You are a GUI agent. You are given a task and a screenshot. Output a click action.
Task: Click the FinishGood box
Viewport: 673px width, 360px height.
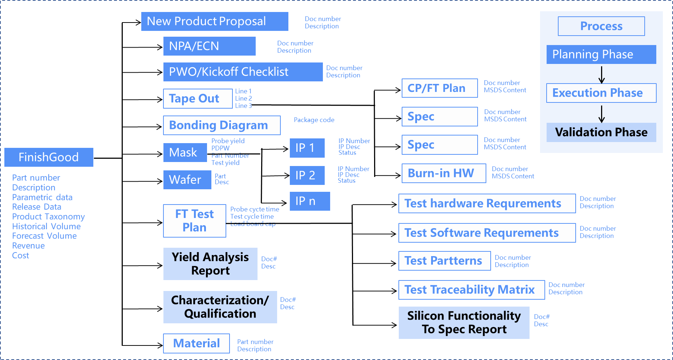(49, 157)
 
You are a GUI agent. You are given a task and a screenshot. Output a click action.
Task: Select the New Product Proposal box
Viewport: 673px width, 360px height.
(215, 21)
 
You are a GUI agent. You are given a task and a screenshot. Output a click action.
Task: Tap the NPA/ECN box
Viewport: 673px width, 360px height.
(210, 46)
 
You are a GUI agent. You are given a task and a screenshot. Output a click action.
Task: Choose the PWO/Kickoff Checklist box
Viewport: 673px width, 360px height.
(243, 72)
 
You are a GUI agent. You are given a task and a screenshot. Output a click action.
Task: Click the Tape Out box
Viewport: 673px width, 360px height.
(198, 99)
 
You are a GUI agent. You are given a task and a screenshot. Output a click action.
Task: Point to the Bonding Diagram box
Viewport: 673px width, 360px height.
(222, 125)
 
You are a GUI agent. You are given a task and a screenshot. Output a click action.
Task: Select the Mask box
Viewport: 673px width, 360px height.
(185, 153)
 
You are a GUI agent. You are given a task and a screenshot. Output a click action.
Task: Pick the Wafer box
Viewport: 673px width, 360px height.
(187, 180)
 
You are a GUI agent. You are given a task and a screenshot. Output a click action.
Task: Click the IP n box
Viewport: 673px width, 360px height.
(310, 201)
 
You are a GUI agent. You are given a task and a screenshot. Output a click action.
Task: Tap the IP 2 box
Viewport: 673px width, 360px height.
(307, 175)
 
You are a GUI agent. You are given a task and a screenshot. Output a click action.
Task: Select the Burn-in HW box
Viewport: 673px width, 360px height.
(444, 173)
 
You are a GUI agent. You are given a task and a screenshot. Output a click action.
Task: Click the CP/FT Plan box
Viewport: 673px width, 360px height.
(440, 88)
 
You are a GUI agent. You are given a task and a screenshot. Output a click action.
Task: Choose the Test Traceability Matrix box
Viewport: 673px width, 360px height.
(472, 290)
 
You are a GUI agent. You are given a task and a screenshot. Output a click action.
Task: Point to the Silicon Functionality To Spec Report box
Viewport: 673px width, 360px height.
(464, 323)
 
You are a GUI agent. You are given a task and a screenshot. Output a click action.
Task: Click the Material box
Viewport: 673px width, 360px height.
(196, 343)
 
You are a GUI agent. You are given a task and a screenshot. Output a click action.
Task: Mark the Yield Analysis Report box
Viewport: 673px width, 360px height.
(210, 264)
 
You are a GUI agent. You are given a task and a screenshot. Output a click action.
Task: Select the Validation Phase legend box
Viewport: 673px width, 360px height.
(601, 132)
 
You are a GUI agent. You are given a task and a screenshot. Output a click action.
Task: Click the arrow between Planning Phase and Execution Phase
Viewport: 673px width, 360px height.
(601, 75)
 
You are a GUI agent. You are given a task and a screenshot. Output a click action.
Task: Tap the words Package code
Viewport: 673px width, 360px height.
(314, 120)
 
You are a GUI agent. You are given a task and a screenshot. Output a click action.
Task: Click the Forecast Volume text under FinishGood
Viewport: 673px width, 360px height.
(44, 236)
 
